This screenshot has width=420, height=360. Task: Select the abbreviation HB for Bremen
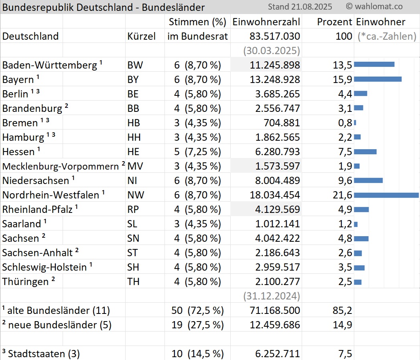click(x=134, y=123)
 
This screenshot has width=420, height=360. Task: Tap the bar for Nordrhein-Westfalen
click(x=386, y=195)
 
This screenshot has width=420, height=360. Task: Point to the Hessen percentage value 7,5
click(x=345, y=152)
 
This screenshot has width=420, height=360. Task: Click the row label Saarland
click(x=22, y=224)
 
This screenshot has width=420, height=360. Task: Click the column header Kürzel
click(x=141, y=36)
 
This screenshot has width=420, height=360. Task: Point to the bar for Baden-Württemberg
click(x=374, y=65)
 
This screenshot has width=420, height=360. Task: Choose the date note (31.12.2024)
click(x=272, y=296)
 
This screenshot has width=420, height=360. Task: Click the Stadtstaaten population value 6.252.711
click(x=278, y=354)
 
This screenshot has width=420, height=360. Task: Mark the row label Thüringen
click(x=25, y=281)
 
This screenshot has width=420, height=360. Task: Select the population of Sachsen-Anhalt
click(x=278, y=253)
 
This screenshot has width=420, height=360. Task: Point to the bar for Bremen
click(x=355, y=123)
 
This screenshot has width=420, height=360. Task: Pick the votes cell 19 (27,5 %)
click(x=197, y=325)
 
